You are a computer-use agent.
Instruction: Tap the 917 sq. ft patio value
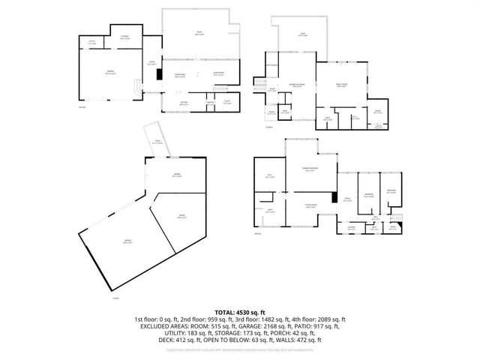(x=324, y=326)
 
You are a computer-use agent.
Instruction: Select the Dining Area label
(x=180, y=74)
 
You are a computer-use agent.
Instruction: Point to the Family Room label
(x=341, y=85)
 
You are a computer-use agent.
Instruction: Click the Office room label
(x=346, y=200)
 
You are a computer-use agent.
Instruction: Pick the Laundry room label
(x=351, y=229)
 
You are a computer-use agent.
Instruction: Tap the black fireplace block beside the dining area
(x=158, y=73)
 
